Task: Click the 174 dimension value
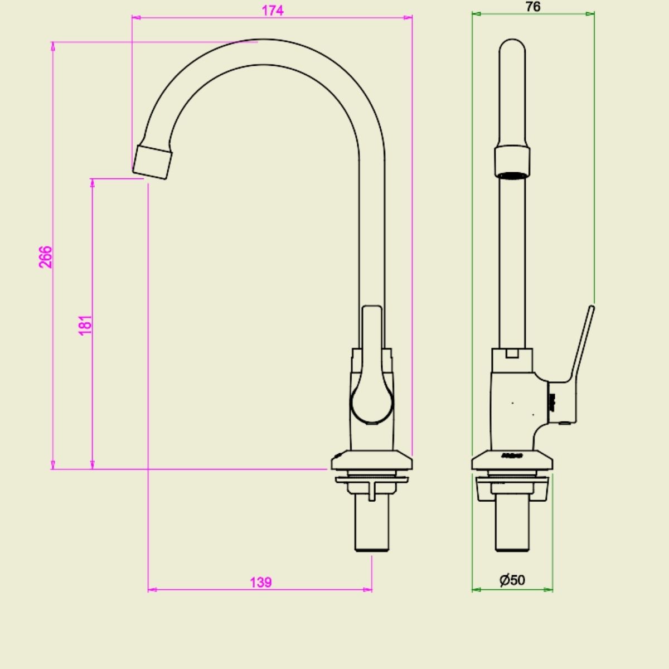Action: coord(273,11)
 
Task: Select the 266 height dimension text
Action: coord(46,257)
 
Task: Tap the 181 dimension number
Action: coord(85,325)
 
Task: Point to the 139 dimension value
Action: coord(261,582)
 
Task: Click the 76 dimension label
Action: coord(533,7)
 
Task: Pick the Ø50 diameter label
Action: coord(512,580)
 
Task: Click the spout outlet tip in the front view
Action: coord(152,162)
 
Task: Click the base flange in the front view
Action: coord(372,460)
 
